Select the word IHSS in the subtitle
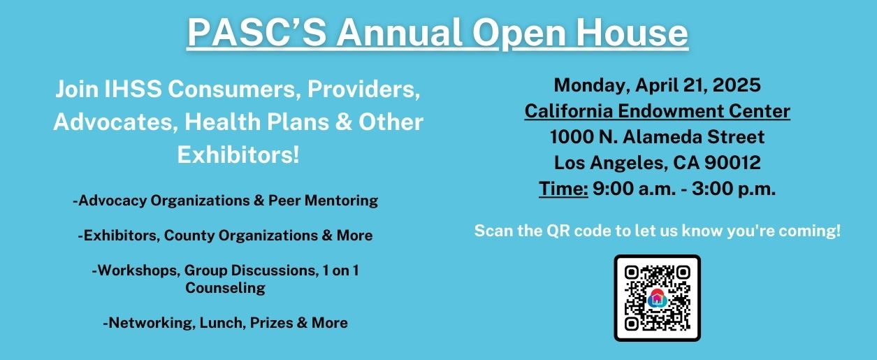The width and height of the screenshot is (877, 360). click(133, 89)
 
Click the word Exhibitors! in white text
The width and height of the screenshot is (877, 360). click(238, 154)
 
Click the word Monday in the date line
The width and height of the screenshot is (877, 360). click(591, 86)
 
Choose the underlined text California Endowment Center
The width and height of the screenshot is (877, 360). click(658, 111)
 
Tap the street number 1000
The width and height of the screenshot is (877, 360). click(572, 137)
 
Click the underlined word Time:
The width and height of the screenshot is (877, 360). click(563, 189)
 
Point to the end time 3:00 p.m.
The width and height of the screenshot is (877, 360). click(734, 189)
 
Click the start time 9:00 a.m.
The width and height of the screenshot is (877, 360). click(635, 189)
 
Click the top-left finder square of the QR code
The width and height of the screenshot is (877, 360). click(631, 272)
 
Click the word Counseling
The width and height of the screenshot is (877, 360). click(225, 288)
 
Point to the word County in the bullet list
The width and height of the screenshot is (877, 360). click(189, 236)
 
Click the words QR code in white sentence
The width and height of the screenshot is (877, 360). click(579, 231)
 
